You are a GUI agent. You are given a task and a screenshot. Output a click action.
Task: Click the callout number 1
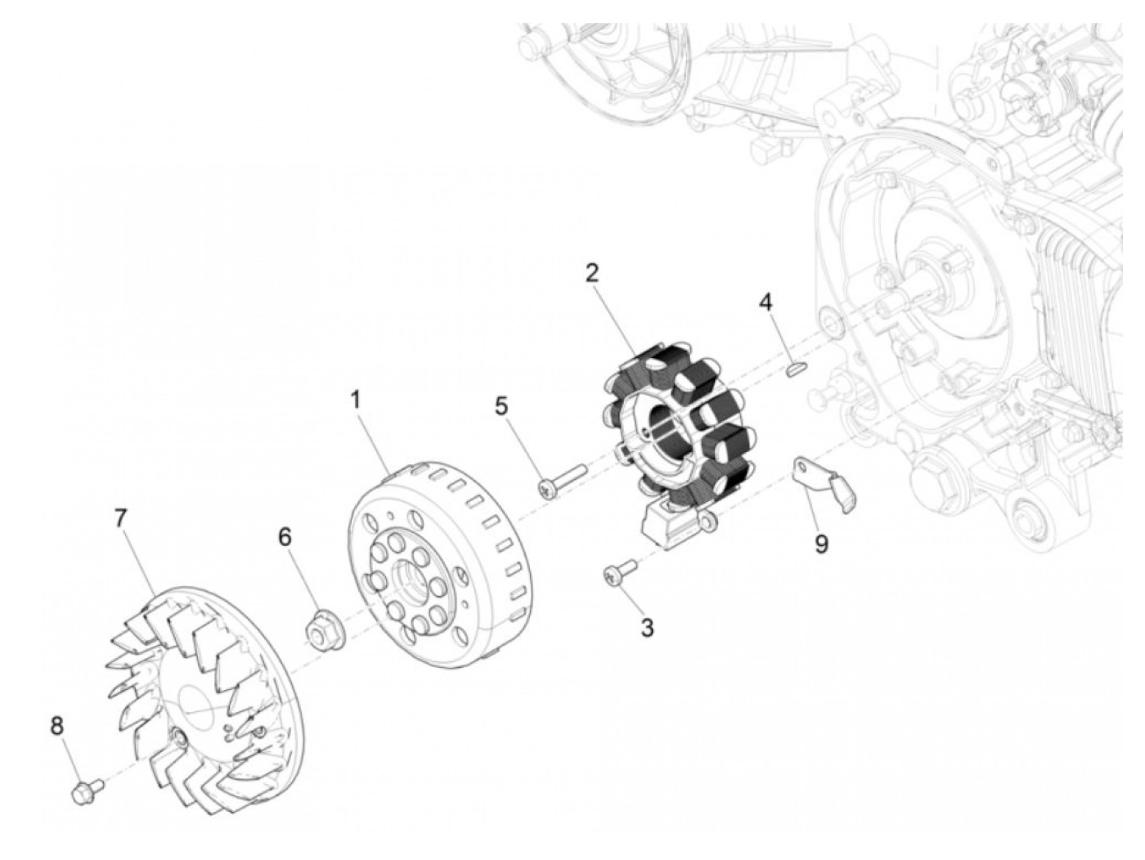tap(356, 415)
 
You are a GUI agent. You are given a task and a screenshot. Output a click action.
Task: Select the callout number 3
tap(646, 628)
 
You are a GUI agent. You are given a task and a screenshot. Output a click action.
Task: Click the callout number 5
tap(501, 406)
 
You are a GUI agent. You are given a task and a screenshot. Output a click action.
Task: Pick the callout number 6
tap(285, 537)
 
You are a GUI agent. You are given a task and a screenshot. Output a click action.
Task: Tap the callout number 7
tap(120, 518)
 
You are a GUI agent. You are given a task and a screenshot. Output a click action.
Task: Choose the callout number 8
tap(56, 726)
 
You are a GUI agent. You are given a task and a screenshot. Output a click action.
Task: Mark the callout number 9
tap(822, 544)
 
